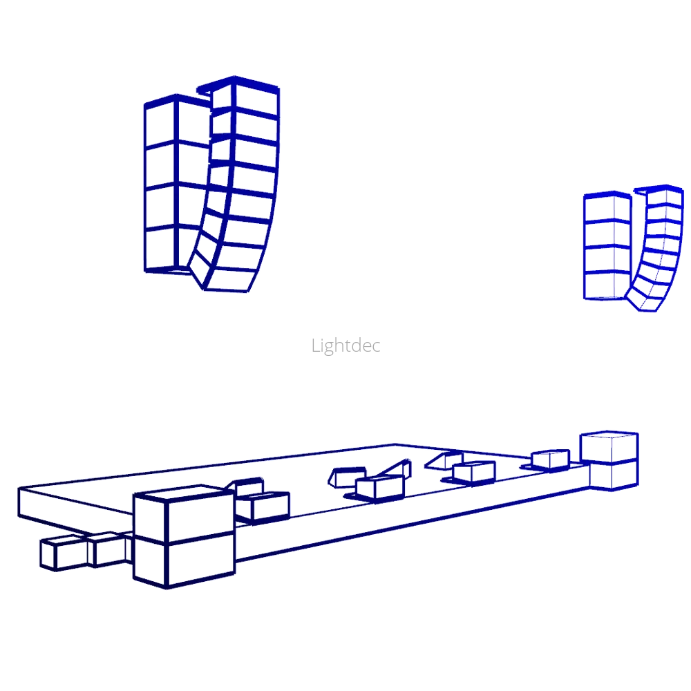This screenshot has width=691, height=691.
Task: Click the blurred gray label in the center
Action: [345, 345]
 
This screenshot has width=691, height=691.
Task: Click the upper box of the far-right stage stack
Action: [609, 446]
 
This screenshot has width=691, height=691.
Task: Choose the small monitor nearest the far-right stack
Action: [551, 458]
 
